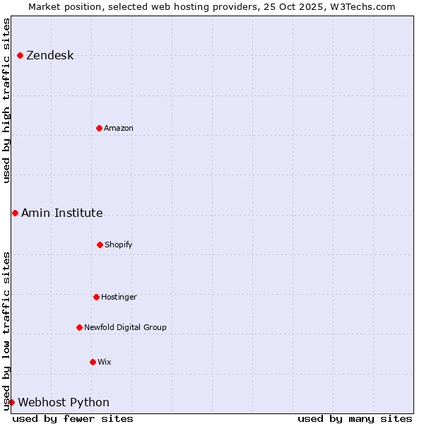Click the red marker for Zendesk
pyautogui.click(x=20, y=55)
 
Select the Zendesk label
pyautogui.click(x=49, y=56)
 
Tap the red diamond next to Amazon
pyautogui.click(x=99, y=128)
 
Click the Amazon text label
pyautogui.click(x=119, y=129)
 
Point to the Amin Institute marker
pyautogui.click(x=15, y=213)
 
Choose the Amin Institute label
pyautogui.click(x=61, y=213)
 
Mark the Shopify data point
pyautogui.click(x=100, y=245)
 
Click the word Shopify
pyautogui.click(x=119, y=245)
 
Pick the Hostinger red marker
pyautogui.click(x=96, y=297)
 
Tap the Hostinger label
pyautogui.click(x=119, y=298)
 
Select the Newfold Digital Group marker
pyautogui.click(x=79, y=327)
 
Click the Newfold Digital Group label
pyautogui.click(x=125, y=328)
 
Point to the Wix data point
pyautogui.click(x=93, y=362)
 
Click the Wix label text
pyautogui.click(x=105, y=363)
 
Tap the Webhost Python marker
pyautogui.click(x=11, y=402)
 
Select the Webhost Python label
pyautogui.click(x=64, y=403)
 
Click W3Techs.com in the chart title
pyautogui.click(x=361, y=7)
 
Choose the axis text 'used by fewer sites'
pyautogui.click(x=73, y=418)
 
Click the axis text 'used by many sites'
pyautogui.click(x=355, y=418)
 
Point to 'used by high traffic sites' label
pyautogui.click(x=7, y=100)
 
